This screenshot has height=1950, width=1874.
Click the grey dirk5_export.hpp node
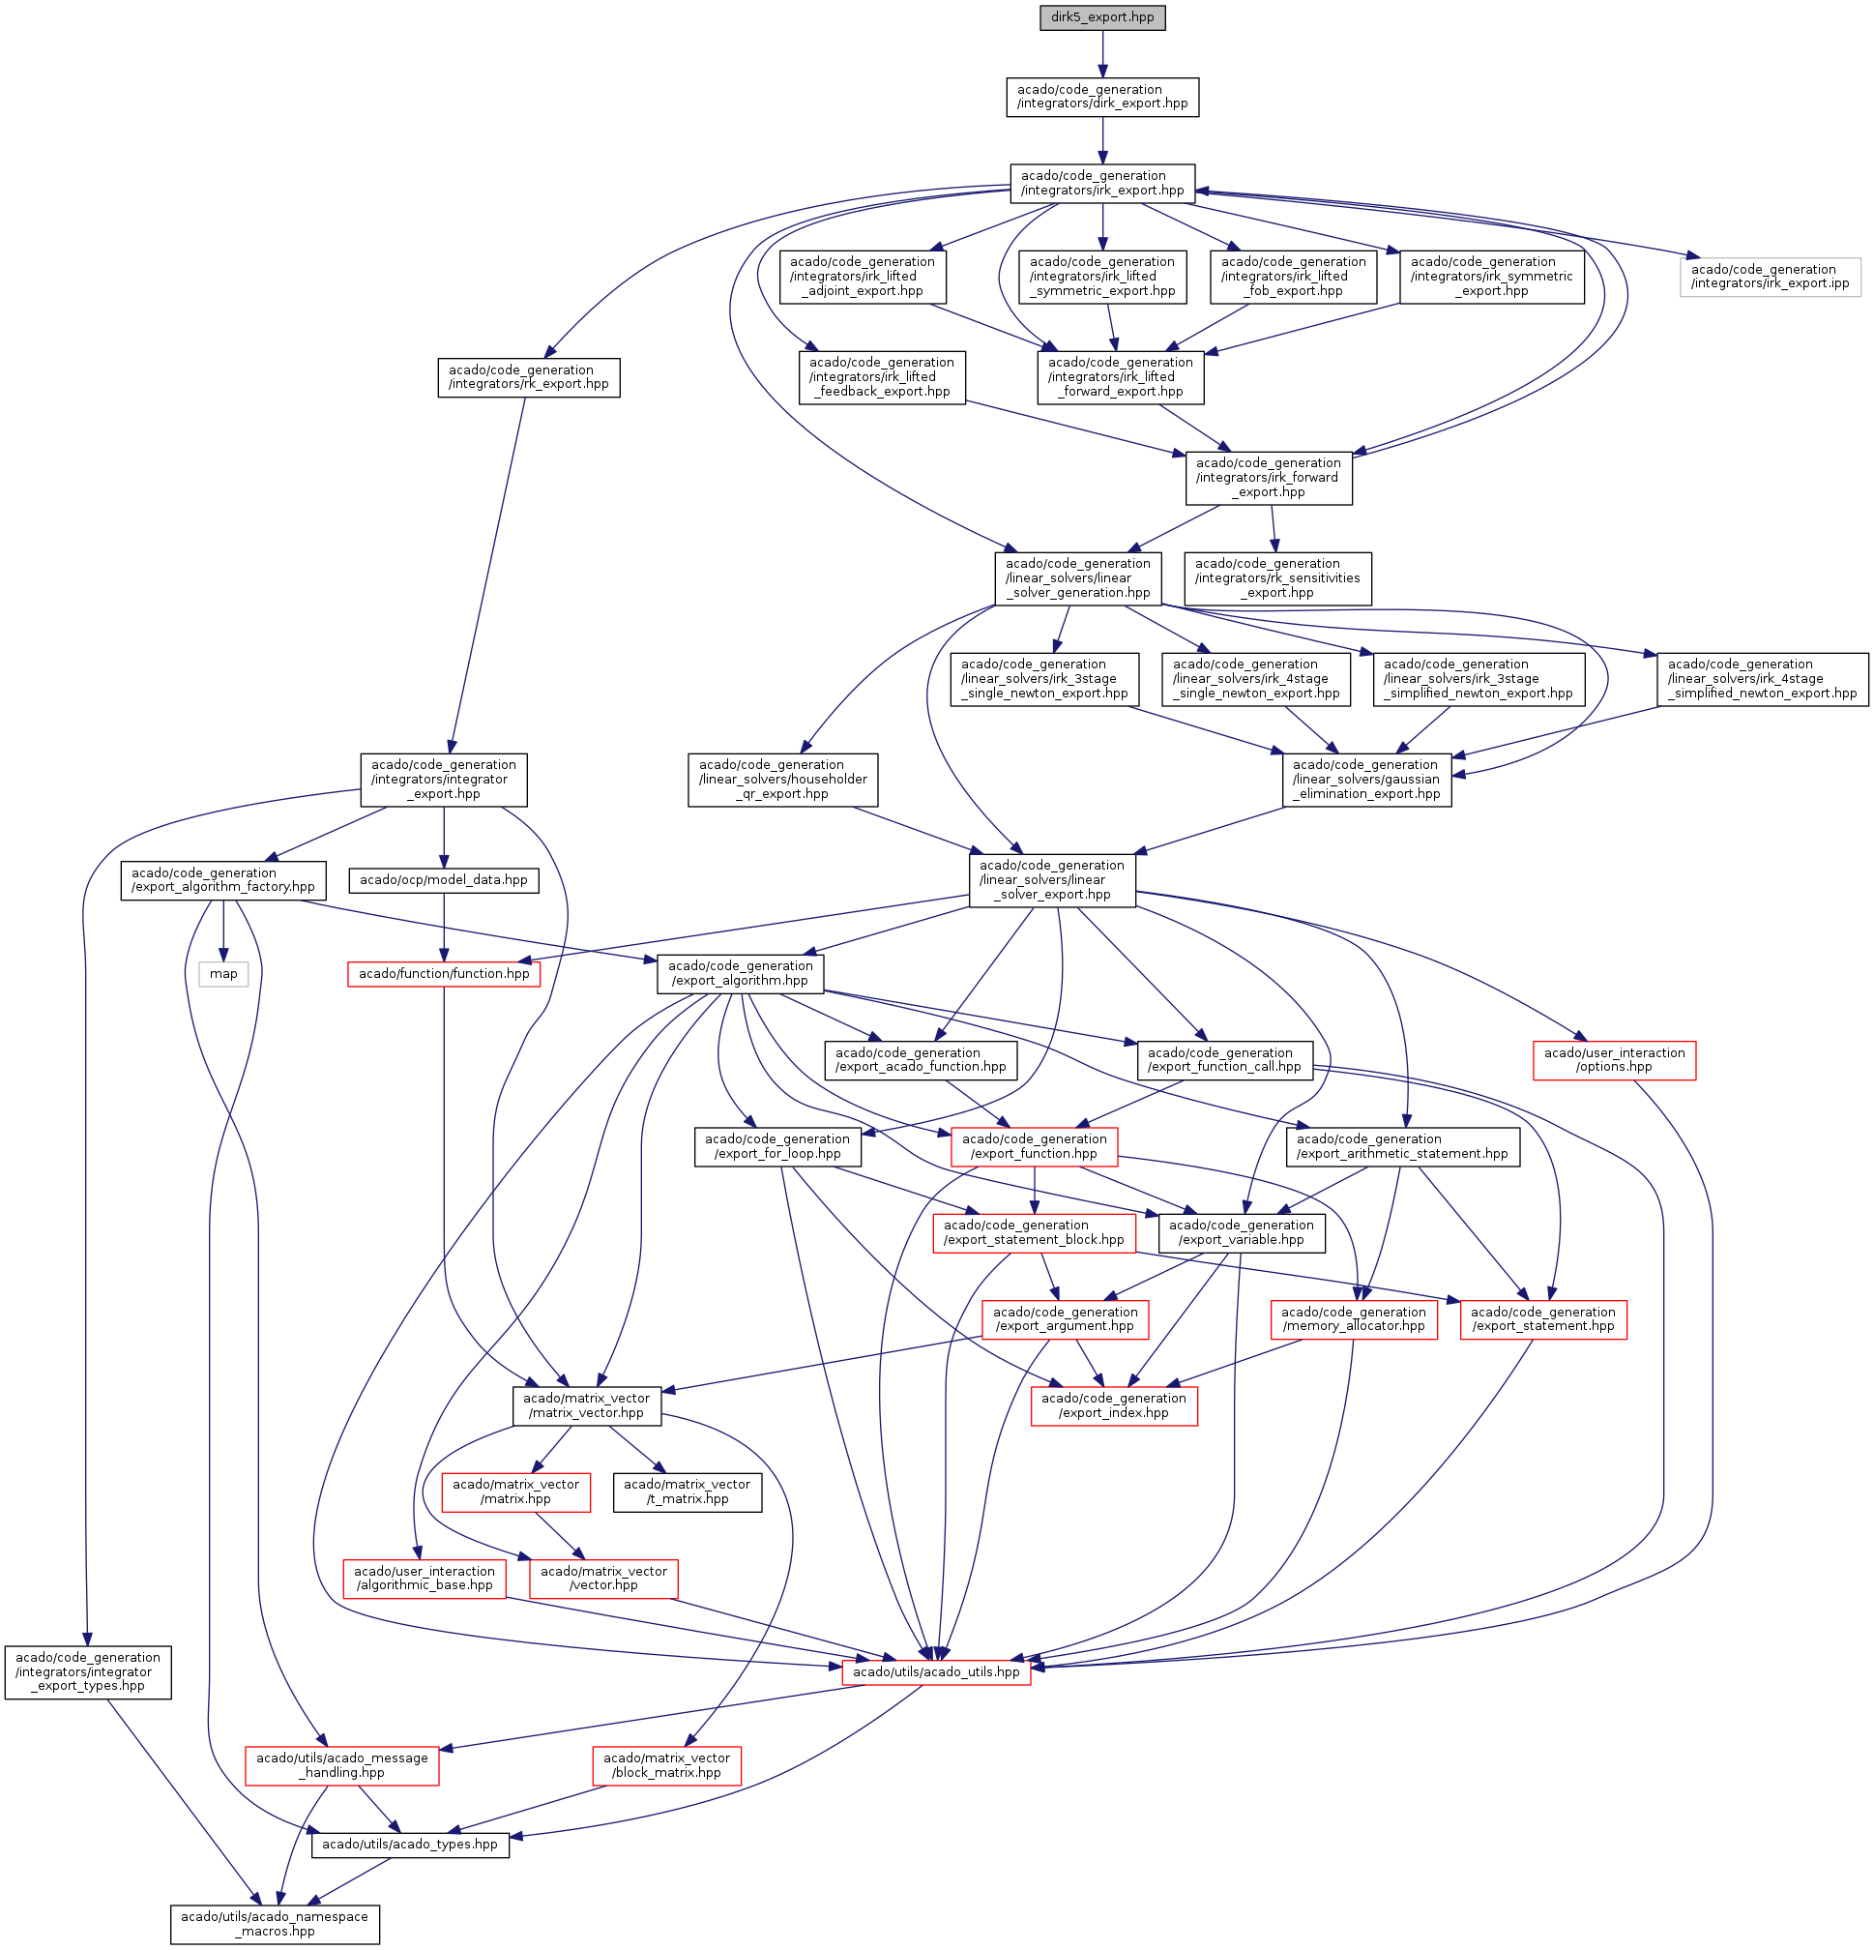coord(1102,18)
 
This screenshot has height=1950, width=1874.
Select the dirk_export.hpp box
coord(1102,97)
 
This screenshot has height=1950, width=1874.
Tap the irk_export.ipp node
coord(1770,277)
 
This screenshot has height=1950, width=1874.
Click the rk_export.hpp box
coord(528,377)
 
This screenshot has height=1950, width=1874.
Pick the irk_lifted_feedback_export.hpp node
coord(881,377)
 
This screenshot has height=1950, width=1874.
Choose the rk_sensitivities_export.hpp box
coord(1277,578)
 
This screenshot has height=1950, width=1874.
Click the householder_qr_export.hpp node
coord(783,780)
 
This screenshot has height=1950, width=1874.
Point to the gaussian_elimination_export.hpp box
coord(1366,780)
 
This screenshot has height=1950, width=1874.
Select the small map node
coord(222,974)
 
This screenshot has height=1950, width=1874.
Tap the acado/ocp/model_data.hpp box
coord(444,880)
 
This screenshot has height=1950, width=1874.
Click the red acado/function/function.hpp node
coord(444,974)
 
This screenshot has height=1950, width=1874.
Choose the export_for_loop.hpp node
coord(776,1146)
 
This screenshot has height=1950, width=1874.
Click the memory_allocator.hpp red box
coord(1353,1319)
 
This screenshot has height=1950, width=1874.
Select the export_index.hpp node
coord(1113,1404)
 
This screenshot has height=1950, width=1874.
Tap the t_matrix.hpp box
coord(688,1492)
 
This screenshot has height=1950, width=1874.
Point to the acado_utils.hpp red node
coord(936,1671)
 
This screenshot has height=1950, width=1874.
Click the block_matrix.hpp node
coord(666,1765)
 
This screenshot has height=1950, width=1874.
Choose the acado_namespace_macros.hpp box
coord(275,1924)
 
